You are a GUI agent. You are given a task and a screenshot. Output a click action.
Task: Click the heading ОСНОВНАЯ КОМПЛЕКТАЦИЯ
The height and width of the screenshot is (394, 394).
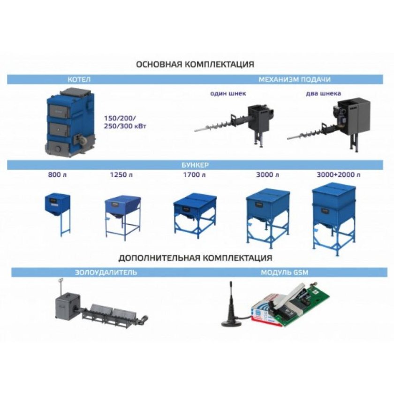pos(195,64)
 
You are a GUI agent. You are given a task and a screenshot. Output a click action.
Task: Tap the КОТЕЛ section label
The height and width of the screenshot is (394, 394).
pos(79,80)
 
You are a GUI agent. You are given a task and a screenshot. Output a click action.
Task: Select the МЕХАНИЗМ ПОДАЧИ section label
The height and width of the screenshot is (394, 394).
pos(295,80)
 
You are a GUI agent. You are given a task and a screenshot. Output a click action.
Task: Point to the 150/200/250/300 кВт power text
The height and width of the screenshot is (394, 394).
pos(125,122)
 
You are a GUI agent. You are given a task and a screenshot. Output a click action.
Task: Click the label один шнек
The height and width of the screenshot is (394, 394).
pos(228,93)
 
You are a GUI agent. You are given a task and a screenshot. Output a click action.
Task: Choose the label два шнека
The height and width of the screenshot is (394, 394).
pos(323,93)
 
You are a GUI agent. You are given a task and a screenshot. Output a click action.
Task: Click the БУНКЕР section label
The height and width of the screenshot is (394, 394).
pos(195,165)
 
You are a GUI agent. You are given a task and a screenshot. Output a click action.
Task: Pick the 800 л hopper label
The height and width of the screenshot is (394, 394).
pos(57,174)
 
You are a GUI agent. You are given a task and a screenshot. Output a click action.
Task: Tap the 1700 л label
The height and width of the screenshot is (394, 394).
pos(194,174)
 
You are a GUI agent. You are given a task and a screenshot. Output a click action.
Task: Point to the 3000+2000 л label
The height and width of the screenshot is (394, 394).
pos(339,174)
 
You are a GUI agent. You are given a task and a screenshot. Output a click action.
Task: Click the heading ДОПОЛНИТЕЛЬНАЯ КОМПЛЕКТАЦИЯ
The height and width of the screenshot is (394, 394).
pos(195,258)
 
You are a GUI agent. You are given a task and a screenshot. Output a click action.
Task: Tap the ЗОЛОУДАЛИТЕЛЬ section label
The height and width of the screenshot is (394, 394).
pos(106,273)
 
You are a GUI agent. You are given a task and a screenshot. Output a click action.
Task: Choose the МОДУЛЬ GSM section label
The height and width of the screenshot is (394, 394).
pos(284,273)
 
